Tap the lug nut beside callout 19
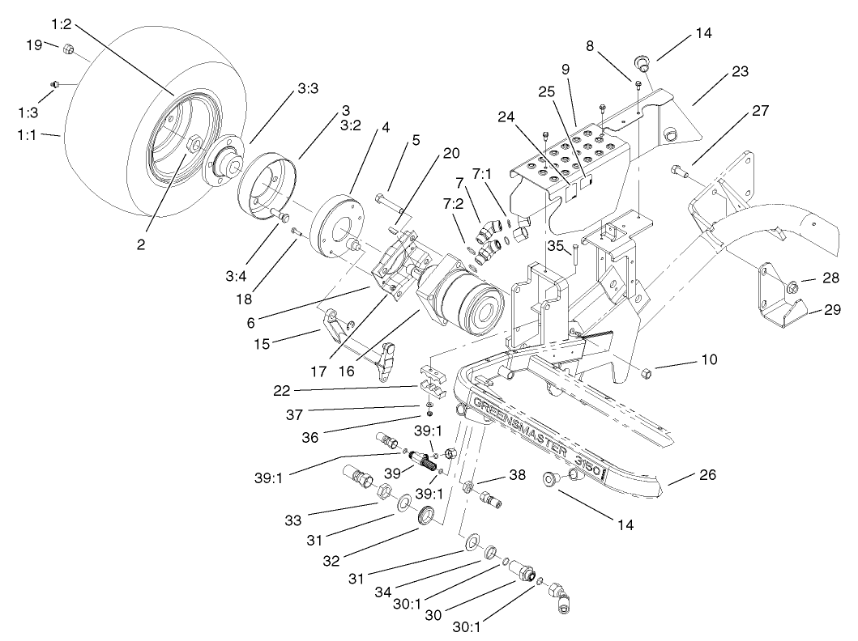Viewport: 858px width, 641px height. pyautogui.click(x=69, y=50)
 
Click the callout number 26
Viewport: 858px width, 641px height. pyautogui.click(x=707, y=475)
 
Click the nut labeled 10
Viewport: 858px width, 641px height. pyautogui.click(x=647, y=373)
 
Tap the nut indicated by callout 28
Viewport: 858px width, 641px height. pyautogui.click(x=791, y=284)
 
